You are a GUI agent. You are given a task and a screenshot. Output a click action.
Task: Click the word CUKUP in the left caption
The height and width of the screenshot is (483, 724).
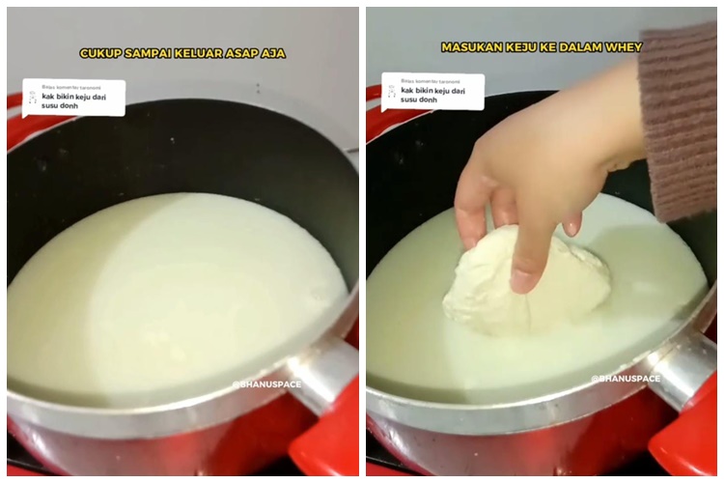click(x=98, y=53)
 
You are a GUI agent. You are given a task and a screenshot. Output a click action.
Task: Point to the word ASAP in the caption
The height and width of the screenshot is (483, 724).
click(x=246, y=53)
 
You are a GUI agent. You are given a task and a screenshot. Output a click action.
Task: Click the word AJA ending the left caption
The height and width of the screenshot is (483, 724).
click(x=275, y=53)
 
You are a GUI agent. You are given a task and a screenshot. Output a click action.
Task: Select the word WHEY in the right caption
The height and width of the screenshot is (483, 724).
click(x=625, y=46)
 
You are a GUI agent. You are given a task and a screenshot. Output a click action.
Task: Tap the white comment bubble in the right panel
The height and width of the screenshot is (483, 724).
click(x=432, y=91)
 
